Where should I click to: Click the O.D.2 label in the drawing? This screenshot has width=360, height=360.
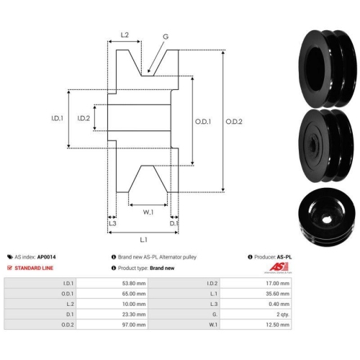234,122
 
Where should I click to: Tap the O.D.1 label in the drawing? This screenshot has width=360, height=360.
203,122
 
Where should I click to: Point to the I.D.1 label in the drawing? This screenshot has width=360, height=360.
57,118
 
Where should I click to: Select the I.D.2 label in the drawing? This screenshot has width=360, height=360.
84,118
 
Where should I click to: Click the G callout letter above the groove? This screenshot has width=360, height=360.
166,37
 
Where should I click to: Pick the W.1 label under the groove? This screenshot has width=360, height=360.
148,212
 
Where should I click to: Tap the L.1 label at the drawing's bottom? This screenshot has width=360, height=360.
143,240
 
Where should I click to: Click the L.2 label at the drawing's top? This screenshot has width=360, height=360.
125,35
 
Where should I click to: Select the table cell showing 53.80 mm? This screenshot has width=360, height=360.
134,284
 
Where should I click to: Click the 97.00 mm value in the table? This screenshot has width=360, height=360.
134,325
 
